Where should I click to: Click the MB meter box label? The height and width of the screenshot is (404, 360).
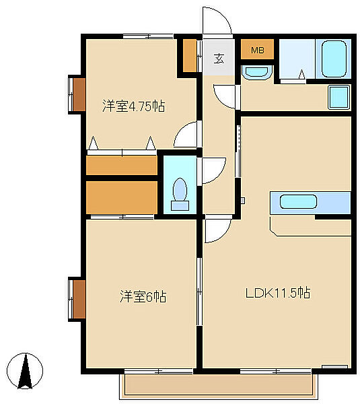[x=257, y=50]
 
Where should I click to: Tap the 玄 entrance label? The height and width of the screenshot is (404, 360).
[x=219, y=59]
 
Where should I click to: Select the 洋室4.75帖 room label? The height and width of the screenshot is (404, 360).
[x=134, y=106]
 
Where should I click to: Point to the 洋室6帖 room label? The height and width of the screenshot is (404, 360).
[x=143, y=296]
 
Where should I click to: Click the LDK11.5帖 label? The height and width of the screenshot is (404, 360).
[x=278, y=293]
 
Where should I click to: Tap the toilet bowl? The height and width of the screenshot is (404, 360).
[x=180, y=194]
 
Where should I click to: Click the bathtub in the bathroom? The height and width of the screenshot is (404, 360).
[x=334, y=59]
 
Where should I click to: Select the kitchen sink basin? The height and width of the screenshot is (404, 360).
[x=298, y=201]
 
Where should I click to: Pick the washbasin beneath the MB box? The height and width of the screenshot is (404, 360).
[x=257, y=72]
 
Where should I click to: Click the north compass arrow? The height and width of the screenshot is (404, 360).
[x=26, y=371]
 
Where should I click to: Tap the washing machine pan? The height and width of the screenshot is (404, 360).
[x=339, y=97]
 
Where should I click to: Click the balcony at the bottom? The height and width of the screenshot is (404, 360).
[x=219, y=386]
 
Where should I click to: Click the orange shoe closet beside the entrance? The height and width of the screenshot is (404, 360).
[x=190, y=55]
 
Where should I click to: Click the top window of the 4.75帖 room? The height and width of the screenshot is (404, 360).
[x=148, y=36]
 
